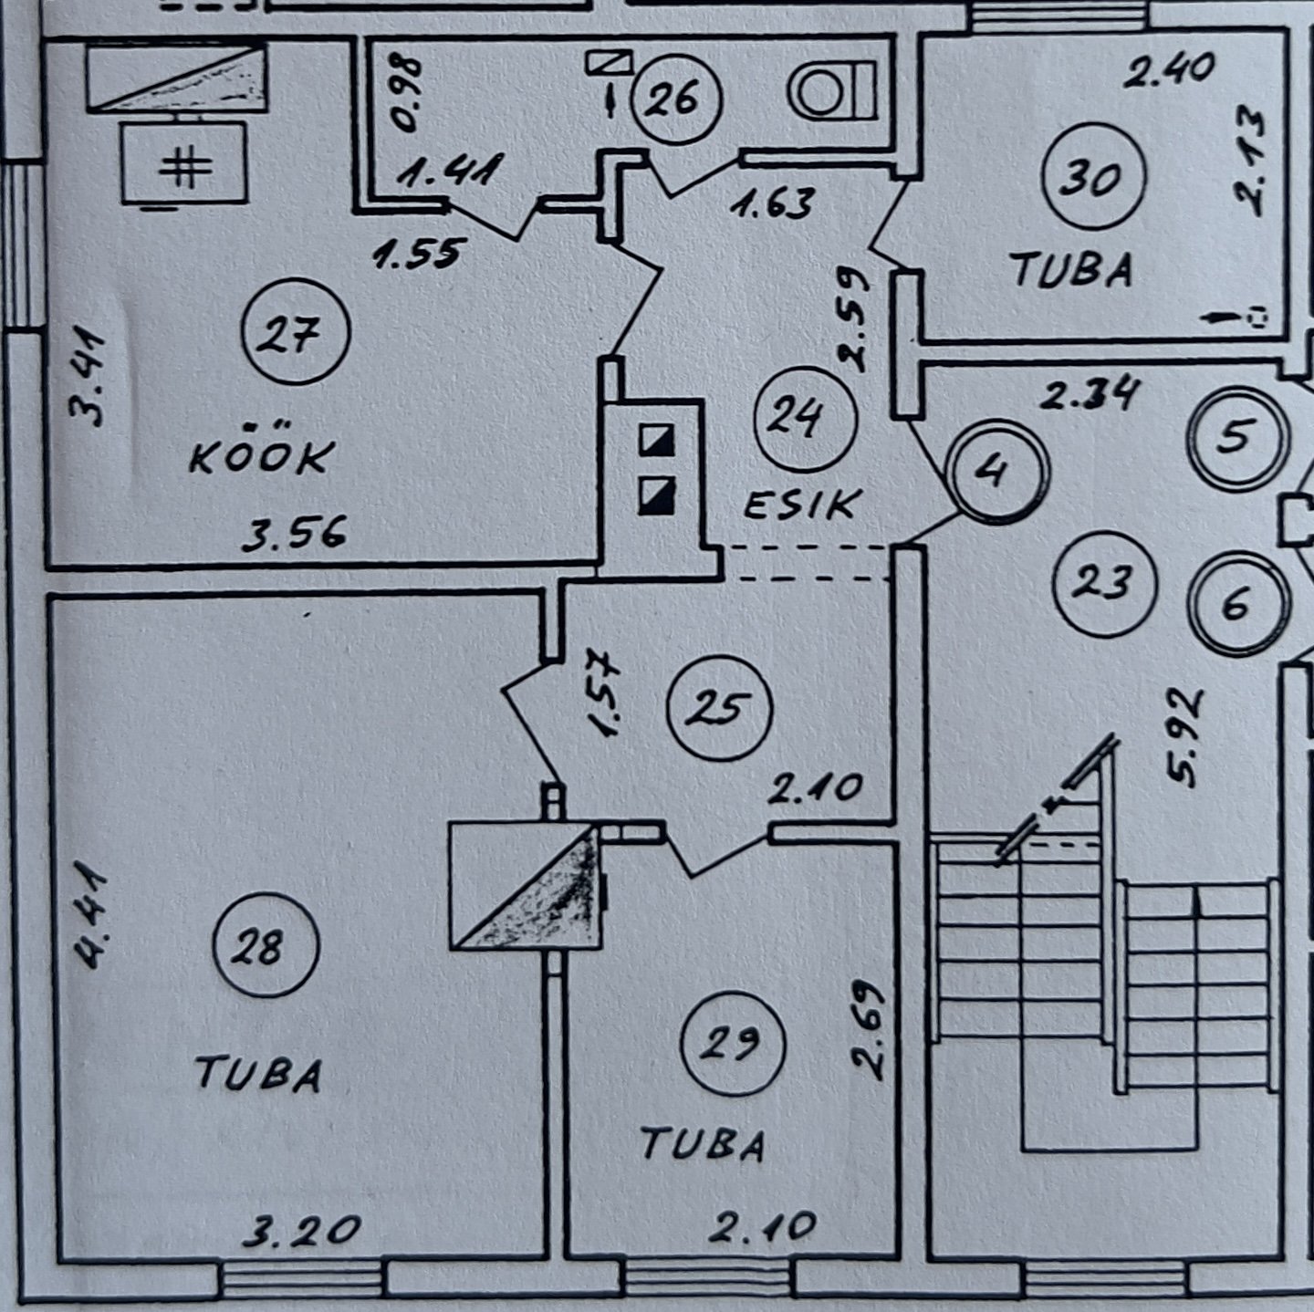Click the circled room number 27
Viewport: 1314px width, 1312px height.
tap(297, 334)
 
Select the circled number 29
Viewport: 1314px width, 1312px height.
tap(733, 1042)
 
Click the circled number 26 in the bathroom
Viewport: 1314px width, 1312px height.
tap(675, 98)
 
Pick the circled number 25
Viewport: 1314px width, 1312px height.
tap(720, 709)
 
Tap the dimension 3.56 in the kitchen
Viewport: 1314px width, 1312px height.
tap(294, 532)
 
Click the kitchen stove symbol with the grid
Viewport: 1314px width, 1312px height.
tap(184, 165)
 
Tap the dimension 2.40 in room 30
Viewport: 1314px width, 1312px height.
tap(1169, 70)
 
